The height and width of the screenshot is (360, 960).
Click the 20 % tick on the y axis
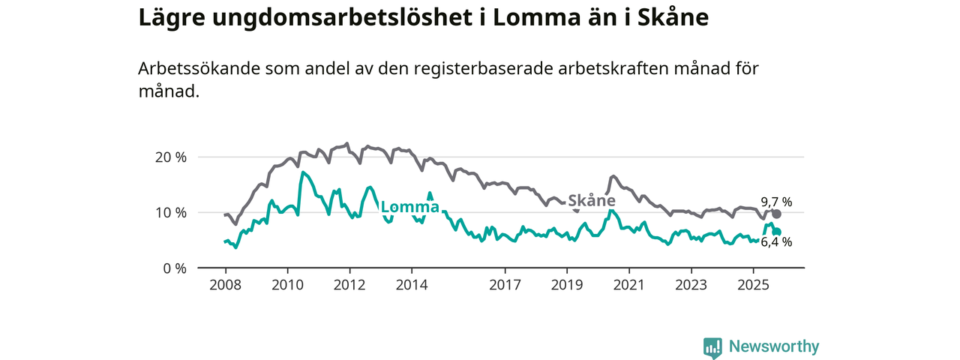point(170,157)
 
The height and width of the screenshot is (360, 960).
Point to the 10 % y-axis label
point(170,213)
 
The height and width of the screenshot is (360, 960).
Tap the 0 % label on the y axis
point(174,268)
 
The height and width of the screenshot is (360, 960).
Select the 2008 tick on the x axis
point(225,285)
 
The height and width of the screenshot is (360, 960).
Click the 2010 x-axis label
point(286,285)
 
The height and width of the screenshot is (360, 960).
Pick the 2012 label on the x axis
point(349,285)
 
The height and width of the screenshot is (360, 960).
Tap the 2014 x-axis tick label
point(411,285)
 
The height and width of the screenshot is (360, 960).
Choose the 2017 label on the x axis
point(505,285)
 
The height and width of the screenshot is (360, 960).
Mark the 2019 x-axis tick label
point(567,285)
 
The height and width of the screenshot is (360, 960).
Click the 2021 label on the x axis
point(628,285)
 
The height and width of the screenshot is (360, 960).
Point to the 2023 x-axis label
point(691,285)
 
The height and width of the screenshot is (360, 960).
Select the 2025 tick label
point(752,285)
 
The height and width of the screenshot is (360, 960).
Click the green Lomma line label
point(410,208)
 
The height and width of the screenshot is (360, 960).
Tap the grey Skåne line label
point(592,201)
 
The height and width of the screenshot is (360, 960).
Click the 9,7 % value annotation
point(776,202)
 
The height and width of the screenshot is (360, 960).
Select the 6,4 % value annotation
point(776,242)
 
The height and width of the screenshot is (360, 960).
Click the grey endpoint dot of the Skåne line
point(776,214)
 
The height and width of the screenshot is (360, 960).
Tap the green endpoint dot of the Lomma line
point(777,232)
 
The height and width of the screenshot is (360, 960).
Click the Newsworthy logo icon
point(712,347)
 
